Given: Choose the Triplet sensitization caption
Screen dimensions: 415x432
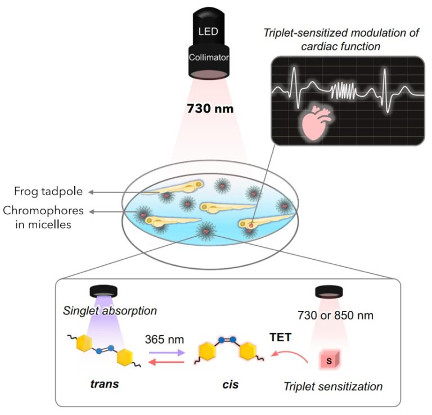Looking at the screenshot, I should (333, 387).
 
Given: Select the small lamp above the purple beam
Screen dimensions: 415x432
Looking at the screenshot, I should (103, 291).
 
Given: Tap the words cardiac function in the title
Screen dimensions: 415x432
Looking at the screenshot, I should (342, 47).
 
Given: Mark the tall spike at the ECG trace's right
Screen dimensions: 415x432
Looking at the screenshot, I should (385, 82).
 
